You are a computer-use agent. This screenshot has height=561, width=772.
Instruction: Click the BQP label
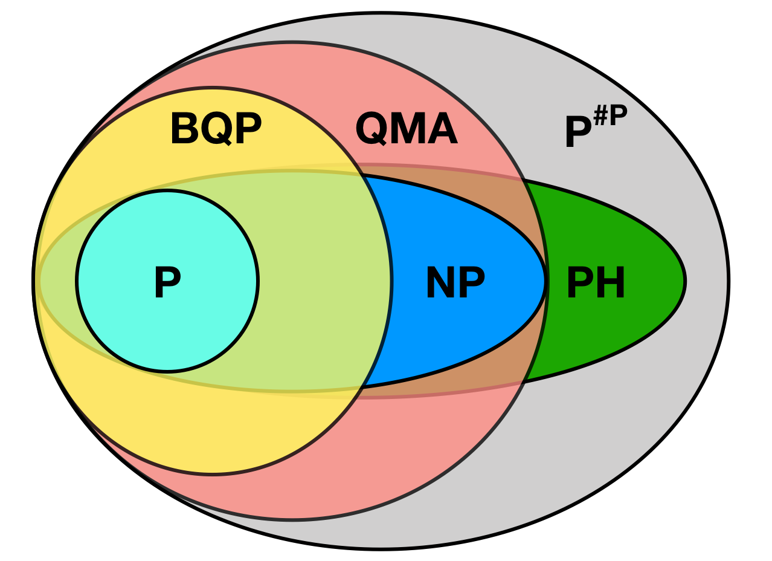216,129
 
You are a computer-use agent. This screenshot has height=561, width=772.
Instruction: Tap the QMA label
406,129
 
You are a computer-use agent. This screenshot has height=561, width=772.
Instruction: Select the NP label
455,282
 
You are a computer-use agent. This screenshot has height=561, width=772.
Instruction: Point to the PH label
596,282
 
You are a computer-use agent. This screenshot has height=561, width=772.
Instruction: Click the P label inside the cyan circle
167,282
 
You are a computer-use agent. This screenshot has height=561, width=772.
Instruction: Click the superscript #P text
610,115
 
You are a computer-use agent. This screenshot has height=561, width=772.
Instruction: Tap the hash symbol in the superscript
600,115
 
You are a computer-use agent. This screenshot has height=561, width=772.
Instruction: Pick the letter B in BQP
185,129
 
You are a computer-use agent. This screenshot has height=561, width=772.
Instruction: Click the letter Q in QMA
371,129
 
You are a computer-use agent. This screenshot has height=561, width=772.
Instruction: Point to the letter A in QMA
442,129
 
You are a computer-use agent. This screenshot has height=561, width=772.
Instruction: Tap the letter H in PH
611,282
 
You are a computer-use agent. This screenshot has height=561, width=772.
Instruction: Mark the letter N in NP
440,282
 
